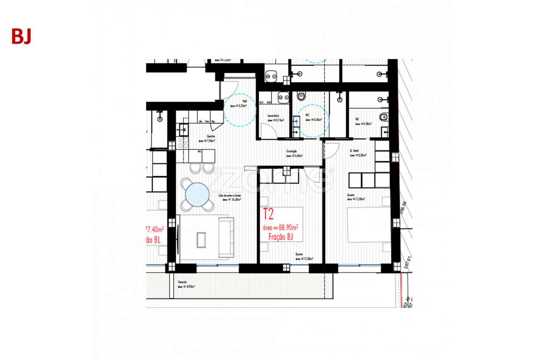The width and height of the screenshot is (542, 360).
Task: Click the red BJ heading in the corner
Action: [x=21, y=37]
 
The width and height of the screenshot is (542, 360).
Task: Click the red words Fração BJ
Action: [x=281, y=237]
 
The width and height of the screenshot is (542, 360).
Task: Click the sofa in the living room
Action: [x=226, y=237]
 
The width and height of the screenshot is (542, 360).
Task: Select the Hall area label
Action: [x=238, y=104]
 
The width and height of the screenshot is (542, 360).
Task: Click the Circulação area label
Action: [x=294, y=153]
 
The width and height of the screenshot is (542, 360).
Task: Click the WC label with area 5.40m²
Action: [x=313, y=117]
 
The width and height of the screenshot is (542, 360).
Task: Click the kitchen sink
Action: [x=183, y=128]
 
